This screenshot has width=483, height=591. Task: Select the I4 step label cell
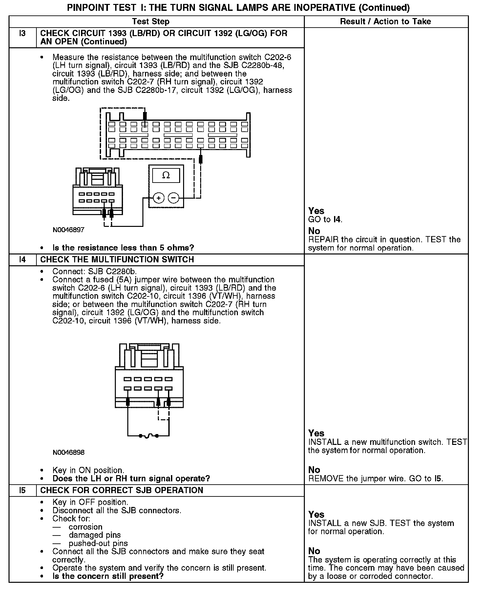click(x=22, y=260)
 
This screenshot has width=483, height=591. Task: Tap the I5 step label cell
click(x=22, y=490)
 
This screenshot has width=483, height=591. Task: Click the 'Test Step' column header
click(x=151, y=22)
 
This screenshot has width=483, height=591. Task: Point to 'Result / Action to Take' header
click(x=386, y=22)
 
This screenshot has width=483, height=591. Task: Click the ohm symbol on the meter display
click(x=166, y=175)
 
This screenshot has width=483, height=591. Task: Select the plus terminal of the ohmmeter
click(x=158, y=198)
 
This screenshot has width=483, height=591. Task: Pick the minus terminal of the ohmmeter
click(x=174, y=198)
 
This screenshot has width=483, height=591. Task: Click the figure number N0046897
click(x=68, y=230)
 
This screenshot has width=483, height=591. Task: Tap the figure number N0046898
click(x=68, y=452)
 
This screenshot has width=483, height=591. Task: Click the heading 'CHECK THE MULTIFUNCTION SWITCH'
click(x=117, y=260)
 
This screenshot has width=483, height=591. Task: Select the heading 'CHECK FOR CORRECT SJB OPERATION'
click(x=122, y=490)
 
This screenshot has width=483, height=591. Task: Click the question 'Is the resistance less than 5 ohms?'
click(x=123, y=248)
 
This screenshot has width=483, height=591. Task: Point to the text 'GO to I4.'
click(x=325, y=220)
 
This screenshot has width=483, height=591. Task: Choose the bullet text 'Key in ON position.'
click(x=88, y=470)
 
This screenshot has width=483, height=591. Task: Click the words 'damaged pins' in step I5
click(x=94, y=535)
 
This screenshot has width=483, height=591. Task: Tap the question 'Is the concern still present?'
click(x=108, y=576)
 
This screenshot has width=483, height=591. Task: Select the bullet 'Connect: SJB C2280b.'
click(x=94, y=272)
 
